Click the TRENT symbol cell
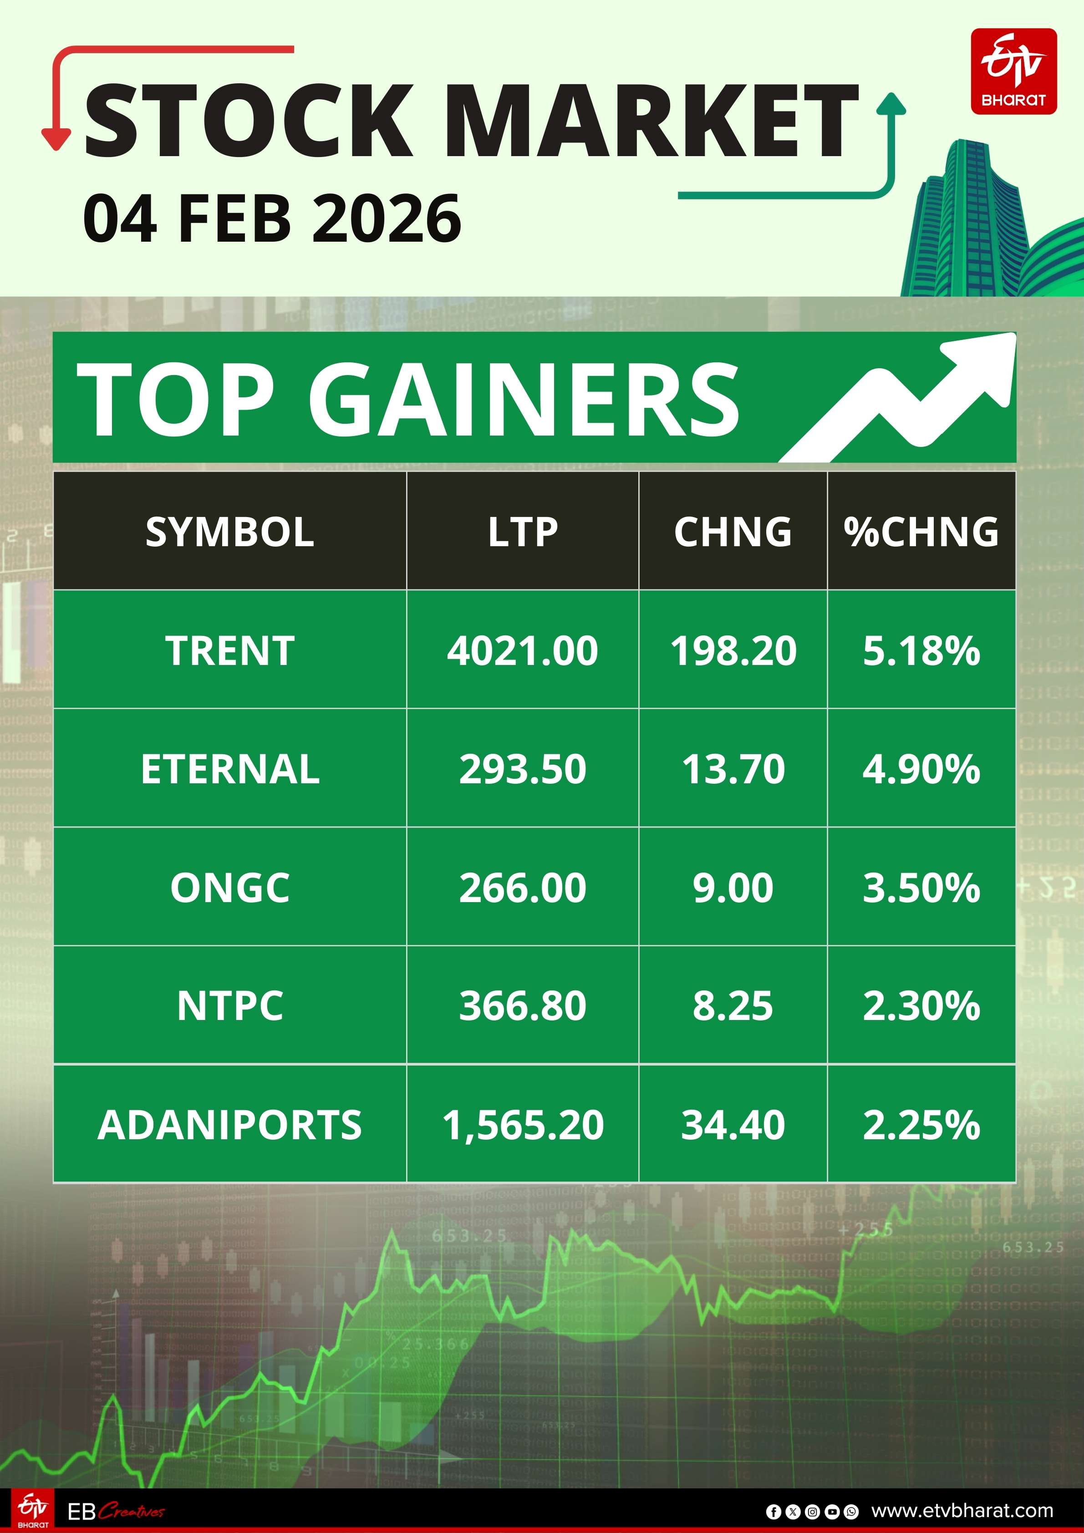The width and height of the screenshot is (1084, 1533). point(230,650)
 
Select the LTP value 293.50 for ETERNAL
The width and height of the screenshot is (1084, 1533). point(522,768)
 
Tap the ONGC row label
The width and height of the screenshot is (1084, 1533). point(230,888)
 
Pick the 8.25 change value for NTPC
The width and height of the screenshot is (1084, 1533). point(733,1005)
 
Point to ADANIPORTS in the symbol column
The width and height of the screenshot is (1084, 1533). point(230,1124)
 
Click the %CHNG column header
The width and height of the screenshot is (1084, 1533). point(921,532)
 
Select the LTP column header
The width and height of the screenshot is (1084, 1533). point(522,532)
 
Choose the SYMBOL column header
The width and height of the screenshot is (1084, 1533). point(230,532)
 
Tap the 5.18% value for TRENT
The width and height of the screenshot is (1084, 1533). point(921,650)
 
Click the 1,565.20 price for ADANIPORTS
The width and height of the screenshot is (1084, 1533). point(522,1124)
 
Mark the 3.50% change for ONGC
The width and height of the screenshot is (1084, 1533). point(921,888)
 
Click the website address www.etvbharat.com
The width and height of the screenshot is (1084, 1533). point(962,1510)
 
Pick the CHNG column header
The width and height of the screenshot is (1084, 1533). point(733,532)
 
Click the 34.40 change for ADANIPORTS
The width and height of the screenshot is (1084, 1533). point(733,1124)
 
